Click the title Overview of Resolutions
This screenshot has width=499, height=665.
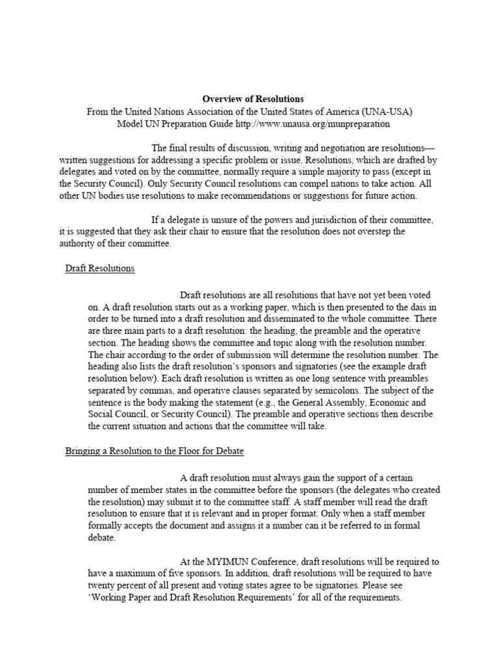[x=253, y=99]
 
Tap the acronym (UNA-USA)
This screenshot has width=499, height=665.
[x=387, y=112]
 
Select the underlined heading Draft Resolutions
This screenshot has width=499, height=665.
[x=100, y=268]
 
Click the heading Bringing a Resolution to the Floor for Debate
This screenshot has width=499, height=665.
[x=155, y=450]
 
